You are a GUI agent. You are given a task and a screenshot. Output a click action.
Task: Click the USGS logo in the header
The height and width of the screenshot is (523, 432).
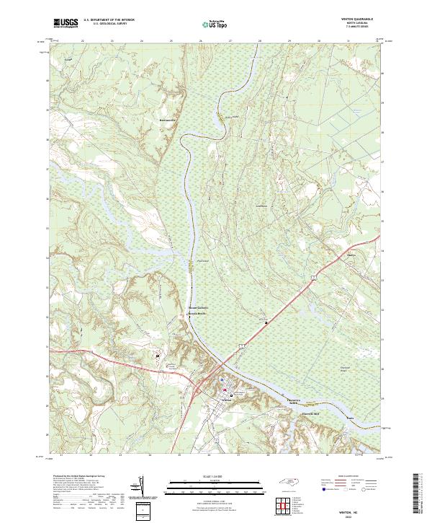click(x=66, y=23)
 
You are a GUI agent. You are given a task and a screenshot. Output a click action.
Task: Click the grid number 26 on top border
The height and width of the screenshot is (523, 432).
click(x=200, y=42)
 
